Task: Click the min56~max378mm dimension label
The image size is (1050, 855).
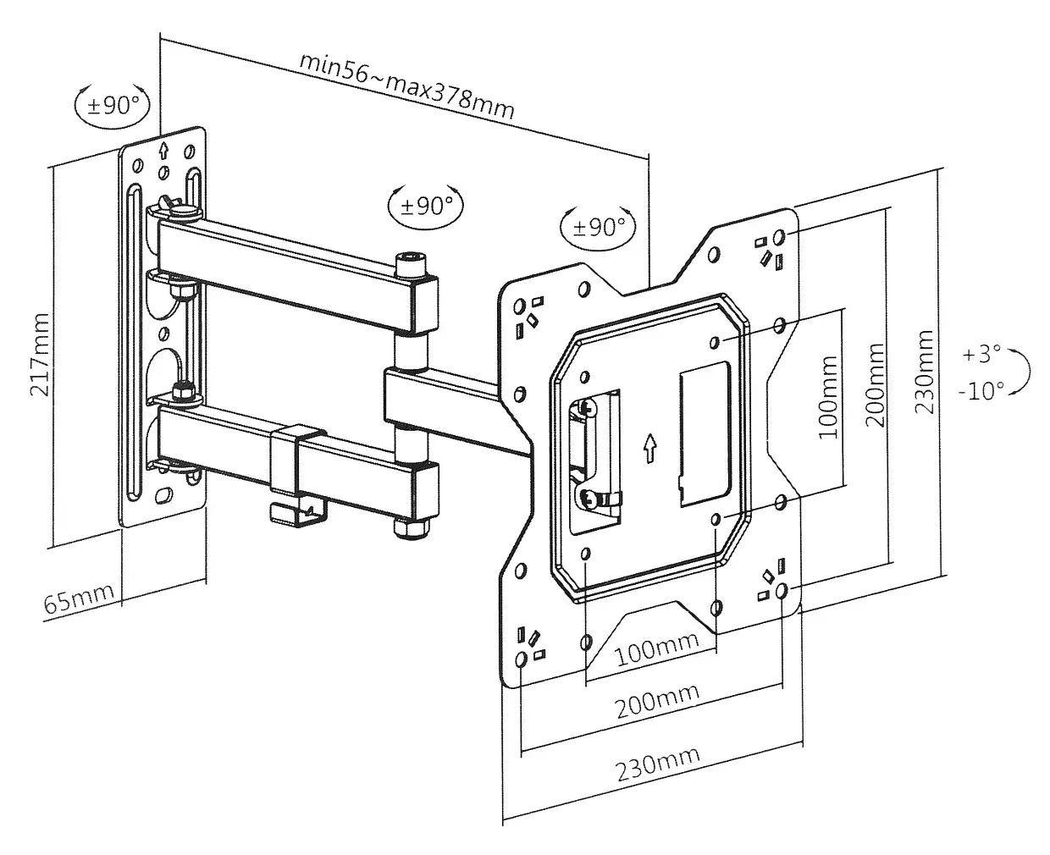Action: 406,87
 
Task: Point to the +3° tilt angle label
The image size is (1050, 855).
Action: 981,354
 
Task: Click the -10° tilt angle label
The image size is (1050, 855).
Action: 981,390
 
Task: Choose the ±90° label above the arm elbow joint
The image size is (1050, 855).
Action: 426,205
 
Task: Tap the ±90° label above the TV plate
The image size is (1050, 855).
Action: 599,226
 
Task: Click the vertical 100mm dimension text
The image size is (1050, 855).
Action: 827,397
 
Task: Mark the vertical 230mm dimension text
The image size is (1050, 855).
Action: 925,371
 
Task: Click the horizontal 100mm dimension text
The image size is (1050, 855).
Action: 656,646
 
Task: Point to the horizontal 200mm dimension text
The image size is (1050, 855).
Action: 657,698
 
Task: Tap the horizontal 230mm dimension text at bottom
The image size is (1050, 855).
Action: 657,764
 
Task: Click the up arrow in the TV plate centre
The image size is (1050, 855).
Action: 649,447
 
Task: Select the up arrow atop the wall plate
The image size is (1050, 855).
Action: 163,151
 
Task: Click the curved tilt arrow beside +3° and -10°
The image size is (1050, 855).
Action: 1024,372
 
